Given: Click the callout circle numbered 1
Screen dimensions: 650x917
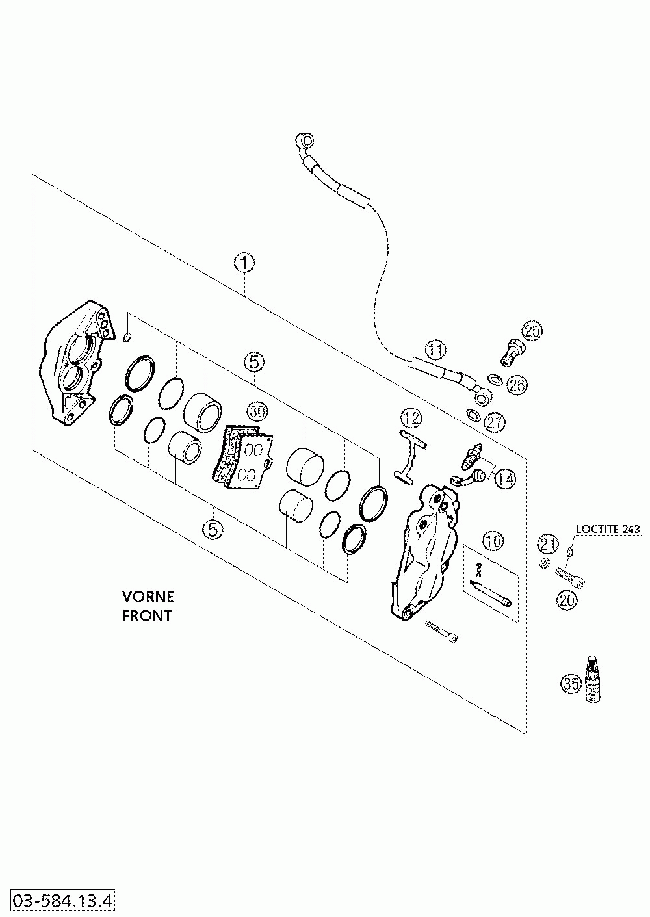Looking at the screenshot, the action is point(244,263).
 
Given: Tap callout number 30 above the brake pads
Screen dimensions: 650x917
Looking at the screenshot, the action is point(258,411).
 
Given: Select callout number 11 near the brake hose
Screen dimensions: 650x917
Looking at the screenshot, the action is point(435,350).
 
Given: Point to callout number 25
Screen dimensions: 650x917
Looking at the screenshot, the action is point(532,331).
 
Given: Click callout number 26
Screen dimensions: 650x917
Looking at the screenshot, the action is point(517,384).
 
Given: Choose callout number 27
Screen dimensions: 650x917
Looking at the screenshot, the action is point(495,422).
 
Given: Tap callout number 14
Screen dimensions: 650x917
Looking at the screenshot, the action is point(505,478).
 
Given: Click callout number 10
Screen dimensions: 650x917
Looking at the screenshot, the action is point(493,541).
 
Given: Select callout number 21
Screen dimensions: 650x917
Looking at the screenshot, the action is point(548,544).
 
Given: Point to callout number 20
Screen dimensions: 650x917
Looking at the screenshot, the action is point(567,600).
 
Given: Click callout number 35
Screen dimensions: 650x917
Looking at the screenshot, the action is point(571,683).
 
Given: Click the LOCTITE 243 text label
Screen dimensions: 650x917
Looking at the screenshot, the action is point(608,528).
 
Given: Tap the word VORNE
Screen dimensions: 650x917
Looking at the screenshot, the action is point(148,597).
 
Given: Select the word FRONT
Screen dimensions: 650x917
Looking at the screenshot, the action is point(148,615).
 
